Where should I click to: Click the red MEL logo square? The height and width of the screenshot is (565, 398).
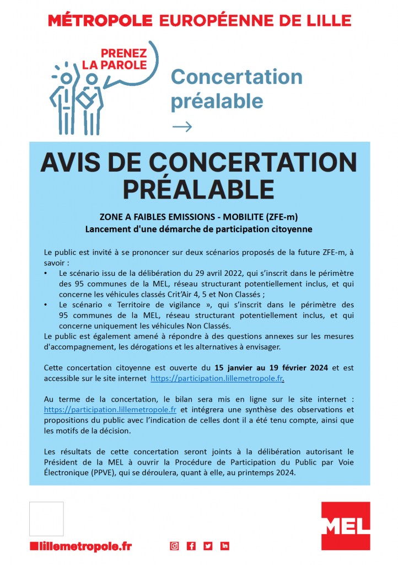346,526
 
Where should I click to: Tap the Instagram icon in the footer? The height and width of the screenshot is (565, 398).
174,546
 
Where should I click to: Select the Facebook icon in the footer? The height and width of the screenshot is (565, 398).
191,546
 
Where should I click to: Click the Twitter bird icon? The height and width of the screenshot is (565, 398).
208,546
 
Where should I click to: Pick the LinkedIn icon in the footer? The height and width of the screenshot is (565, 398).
225,546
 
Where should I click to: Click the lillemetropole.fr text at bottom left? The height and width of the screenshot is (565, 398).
81,546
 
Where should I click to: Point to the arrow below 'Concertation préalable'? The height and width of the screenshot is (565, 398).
182,127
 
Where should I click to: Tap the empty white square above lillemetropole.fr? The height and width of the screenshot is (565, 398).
46,519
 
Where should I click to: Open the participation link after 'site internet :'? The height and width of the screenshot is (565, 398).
110,409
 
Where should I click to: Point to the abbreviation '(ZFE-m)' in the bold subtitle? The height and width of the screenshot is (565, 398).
278,217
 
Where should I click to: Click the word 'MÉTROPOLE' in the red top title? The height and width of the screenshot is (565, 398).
100,21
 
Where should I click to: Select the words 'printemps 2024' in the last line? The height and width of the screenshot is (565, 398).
269,472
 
